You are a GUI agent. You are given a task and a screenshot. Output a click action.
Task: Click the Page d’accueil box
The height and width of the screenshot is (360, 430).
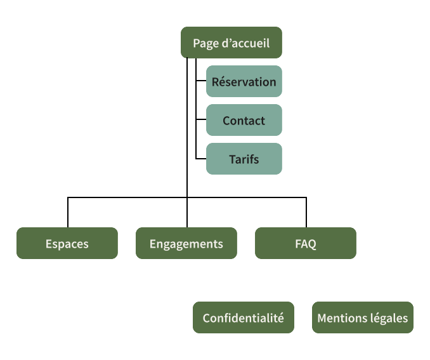(231, 43)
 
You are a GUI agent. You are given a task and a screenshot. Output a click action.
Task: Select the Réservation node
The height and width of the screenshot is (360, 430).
(244, 81)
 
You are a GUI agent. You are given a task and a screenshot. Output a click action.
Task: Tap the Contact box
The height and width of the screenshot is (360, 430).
(244, 121)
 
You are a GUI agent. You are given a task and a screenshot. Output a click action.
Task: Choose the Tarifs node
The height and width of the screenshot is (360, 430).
(244, 159)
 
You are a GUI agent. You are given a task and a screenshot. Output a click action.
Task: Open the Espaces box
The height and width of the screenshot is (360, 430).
(67, 243)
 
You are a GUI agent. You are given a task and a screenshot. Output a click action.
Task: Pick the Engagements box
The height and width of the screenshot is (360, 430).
(186, 243)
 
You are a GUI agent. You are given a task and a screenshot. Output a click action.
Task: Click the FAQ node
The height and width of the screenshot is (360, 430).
(305, 243)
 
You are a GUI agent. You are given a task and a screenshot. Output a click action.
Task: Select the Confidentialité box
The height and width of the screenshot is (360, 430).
(243, 317)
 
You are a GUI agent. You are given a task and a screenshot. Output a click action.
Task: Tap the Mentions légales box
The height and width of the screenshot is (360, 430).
(362, 317)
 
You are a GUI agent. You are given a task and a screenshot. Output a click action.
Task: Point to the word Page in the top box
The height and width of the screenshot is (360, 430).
(204, 43)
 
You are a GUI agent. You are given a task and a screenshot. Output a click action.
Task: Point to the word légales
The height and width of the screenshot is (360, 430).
(389, 317)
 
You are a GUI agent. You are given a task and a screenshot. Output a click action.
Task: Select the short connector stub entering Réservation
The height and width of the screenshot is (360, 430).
(200, 81)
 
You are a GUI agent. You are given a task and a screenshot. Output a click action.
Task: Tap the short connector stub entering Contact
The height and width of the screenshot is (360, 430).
(200, 120)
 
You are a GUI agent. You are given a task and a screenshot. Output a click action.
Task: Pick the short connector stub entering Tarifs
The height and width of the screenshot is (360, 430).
(200, 159)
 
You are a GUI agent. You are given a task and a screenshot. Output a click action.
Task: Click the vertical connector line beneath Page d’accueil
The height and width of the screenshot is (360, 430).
(196, 108)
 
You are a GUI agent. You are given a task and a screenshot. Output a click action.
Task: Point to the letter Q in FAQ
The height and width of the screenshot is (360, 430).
(312, 243)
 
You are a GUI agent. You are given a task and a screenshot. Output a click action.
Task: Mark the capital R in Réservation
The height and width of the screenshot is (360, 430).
(216, 81)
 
